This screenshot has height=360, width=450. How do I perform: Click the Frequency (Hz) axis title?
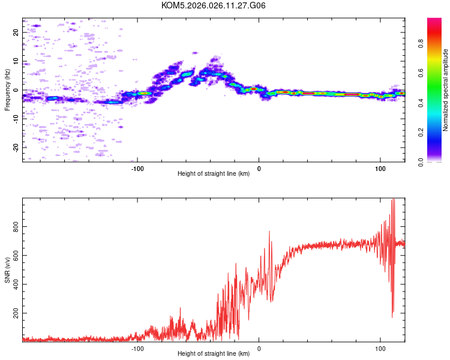[x=7, y=90]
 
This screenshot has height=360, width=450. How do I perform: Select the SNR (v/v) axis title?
[x=7, y=270]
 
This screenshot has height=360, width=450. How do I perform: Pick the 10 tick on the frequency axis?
[x=16, y=61]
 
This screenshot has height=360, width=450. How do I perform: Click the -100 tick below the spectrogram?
[x=137, y=169]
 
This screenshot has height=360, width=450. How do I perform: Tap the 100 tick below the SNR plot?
[x=380, y=349]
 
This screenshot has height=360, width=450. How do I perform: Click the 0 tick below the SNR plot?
[x=259, y=349]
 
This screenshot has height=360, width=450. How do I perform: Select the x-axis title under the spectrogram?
[x=214, y=174]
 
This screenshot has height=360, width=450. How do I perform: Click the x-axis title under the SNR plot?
[x=214, y=354]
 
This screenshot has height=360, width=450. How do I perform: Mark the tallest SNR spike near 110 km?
[x=393, y=200]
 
